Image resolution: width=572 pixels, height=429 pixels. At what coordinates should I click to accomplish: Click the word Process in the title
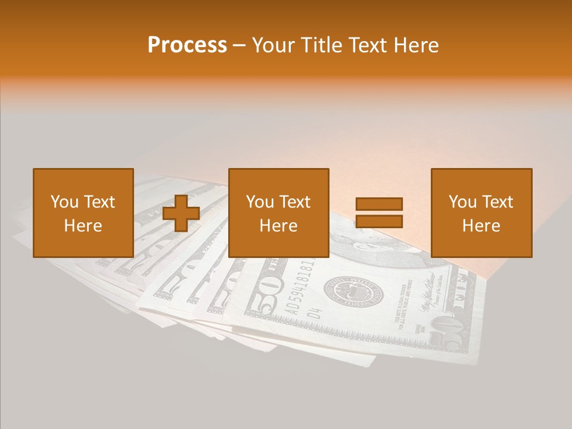[187, 45]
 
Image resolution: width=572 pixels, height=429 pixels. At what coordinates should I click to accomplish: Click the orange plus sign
[181, 213]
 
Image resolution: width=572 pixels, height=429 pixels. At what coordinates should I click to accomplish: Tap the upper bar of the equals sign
[379, 204]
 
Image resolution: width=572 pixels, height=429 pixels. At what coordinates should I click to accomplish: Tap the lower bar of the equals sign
[379, 222]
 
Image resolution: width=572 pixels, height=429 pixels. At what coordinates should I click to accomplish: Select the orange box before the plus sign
[83, 213]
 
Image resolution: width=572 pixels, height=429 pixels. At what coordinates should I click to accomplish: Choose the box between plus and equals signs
[278, 213]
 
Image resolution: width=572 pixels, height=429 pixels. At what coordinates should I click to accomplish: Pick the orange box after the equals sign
[481, 213]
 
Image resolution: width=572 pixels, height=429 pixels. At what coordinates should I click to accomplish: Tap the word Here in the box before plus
[83, 226]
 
